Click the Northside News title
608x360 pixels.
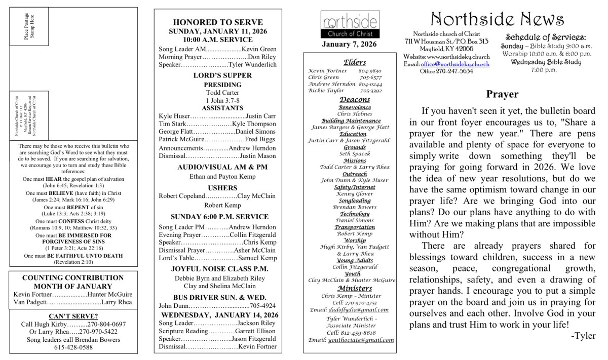pos(497,19)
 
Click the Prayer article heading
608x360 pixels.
pos(502,94)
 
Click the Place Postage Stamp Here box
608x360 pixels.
pos(29,27)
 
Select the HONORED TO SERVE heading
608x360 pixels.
pos(218,22)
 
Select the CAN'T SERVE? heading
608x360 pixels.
pos(73,316)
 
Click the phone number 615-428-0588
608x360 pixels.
pos(73,347)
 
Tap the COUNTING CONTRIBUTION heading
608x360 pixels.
pos(73,277)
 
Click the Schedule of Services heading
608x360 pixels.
pos(545,37)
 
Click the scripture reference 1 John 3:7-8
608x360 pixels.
pos(218,100)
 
